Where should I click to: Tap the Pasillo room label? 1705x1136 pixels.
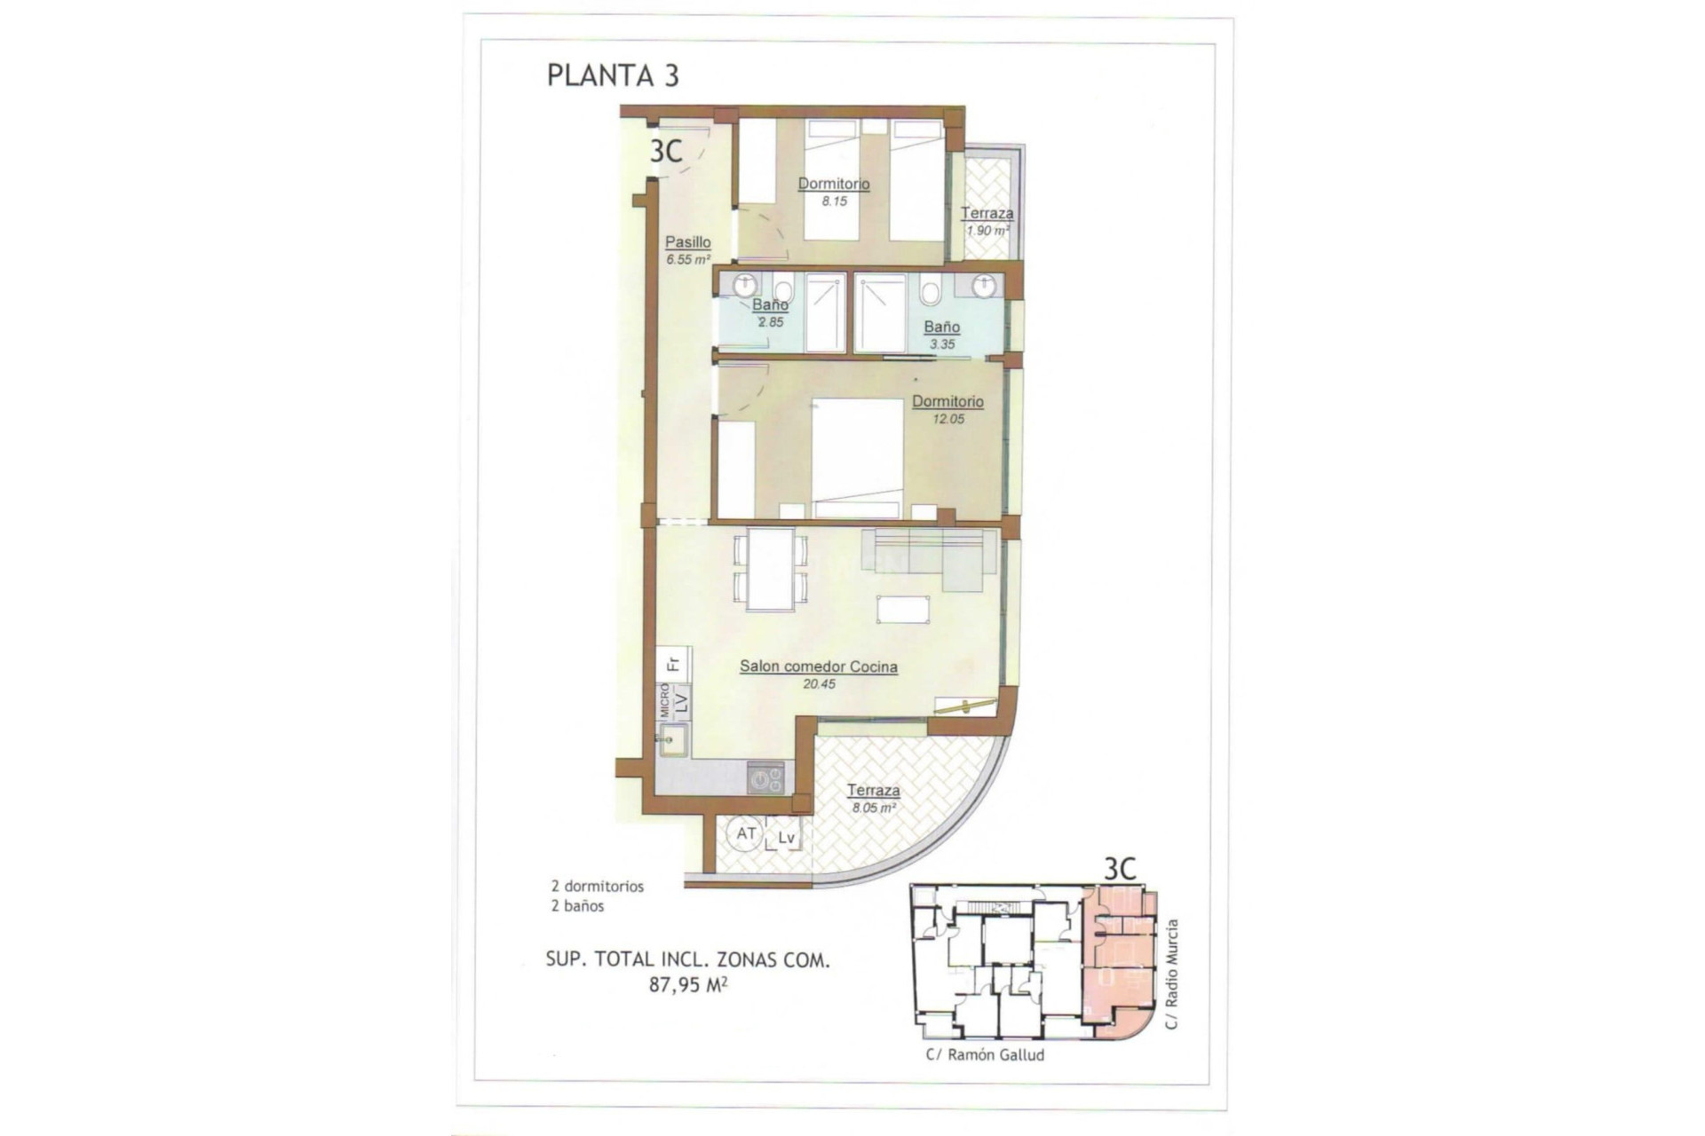click(x=688, y=241)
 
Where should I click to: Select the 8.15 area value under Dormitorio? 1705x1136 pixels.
click(x=834, y=201)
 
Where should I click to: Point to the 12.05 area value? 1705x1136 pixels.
click(x=948, y=419)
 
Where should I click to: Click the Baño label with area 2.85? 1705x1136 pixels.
click(x=770, y=305)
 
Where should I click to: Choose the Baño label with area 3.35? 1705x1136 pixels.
click(x=941, y=327)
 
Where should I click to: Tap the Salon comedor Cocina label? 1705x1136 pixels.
click(x=818, y=667)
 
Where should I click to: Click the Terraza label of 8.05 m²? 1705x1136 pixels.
click(x=873, y=790)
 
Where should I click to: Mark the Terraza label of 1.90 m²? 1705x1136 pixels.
click(x=987, y=213)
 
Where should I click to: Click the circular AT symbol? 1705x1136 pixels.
click(x=746, y=834)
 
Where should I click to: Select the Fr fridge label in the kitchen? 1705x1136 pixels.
click(x=673, y=663)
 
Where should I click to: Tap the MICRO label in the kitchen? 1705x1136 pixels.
click(x=663, y=700)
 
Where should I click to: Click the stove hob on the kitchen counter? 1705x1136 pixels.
click(x=765, y=779)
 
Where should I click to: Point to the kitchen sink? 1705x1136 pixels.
click(x=672, y=739)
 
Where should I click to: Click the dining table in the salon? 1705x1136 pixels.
click(x=770, y=569)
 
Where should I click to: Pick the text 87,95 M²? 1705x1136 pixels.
click(x=688, y=984)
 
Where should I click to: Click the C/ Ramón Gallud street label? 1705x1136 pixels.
click(x=985, y=1055)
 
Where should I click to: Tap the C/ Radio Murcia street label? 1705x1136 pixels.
click(x=1172, y=974)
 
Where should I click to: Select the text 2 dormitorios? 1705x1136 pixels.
click(x=597, y=886)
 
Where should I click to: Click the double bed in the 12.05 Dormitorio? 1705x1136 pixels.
click(x=857, y=457)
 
